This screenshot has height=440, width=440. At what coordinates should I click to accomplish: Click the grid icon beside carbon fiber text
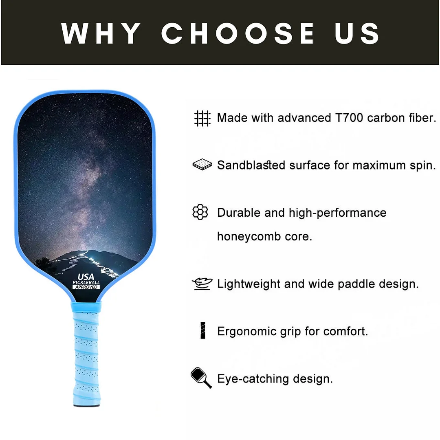[x=202, y=118]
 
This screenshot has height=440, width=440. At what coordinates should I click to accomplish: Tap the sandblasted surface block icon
[x=202, y=165]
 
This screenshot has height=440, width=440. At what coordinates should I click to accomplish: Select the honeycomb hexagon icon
[x=200, y=212]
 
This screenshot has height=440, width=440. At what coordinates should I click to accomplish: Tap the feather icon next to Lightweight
[x=202, y=284]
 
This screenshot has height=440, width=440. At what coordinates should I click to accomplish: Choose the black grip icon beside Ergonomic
[x=202, y=330]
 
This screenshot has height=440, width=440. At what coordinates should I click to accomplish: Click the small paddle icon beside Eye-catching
[x=201, y=378]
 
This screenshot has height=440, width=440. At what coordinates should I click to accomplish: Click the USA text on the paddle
[x=86, y=277]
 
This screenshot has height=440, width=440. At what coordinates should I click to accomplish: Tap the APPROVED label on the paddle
[x=86, y=287]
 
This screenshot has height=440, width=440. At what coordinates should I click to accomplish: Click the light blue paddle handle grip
[x=86, y=354]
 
